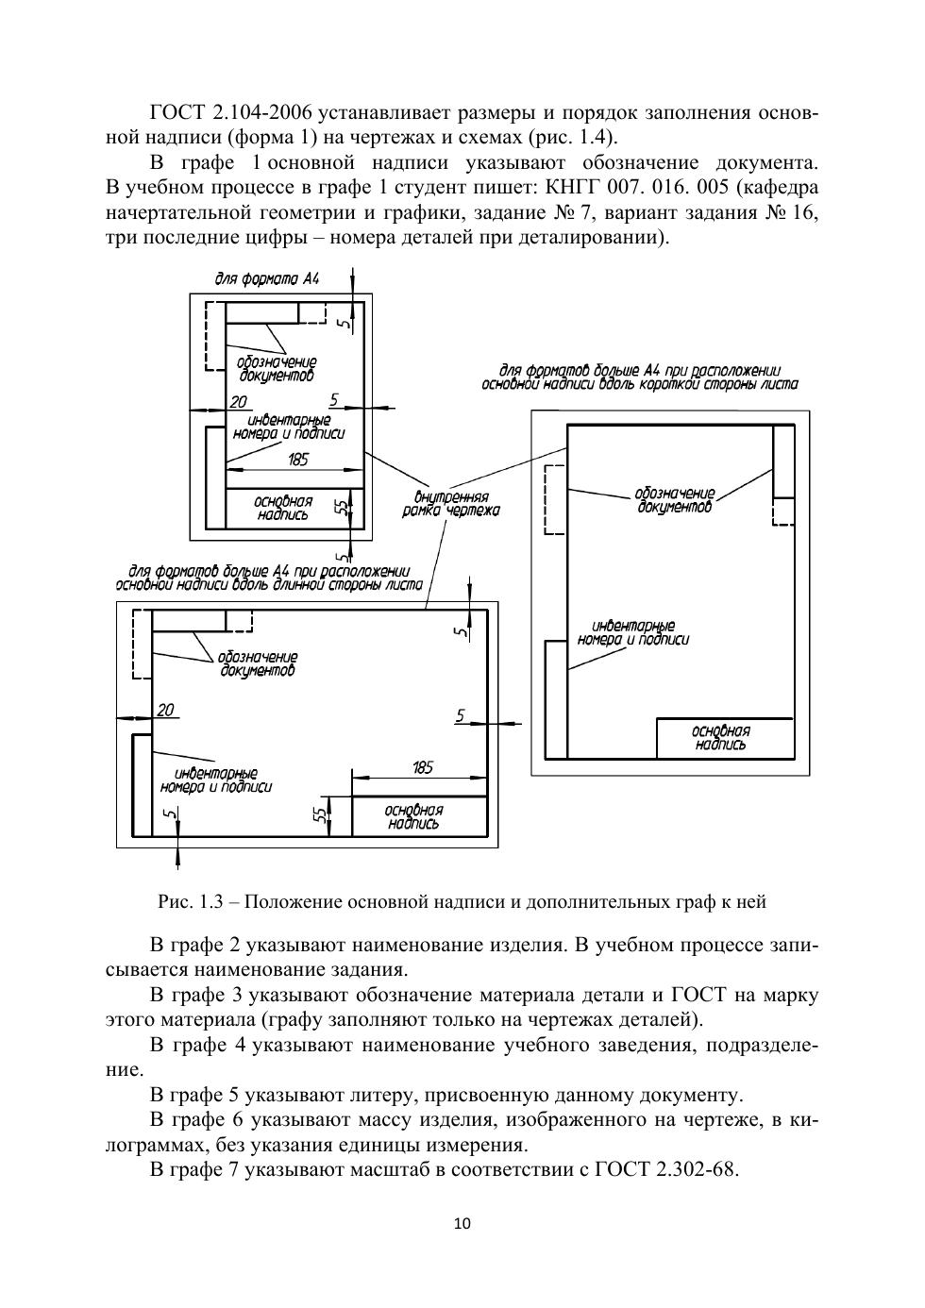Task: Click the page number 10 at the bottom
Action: coord(462,1224)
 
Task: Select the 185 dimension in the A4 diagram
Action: coord(297,460)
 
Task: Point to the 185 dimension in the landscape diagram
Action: coord(423,767)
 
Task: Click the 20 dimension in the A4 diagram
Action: coord(239,402)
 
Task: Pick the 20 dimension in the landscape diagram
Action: coord(166,710)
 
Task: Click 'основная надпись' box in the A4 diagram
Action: coord(282,508)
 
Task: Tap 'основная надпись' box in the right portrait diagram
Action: coord(720,738)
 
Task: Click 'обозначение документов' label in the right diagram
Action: coord(674,500)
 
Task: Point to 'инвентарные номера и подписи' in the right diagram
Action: coord(632,632)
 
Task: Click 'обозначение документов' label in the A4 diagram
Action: coord(276,368)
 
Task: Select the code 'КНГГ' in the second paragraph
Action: coord(558,187)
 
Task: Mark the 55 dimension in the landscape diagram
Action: coord(322,813)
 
